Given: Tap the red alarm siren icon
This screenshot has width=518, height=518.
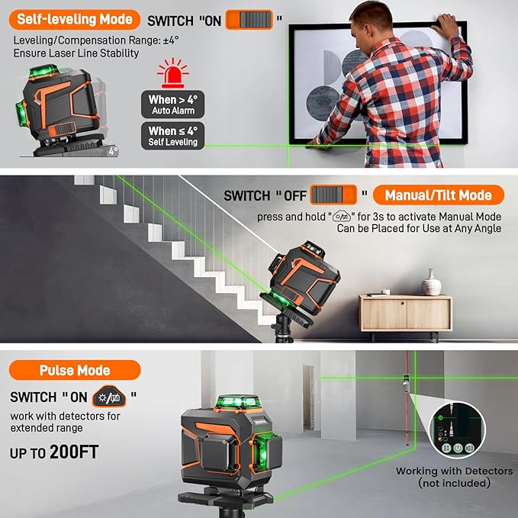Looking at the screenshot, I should click(x=172, y=74).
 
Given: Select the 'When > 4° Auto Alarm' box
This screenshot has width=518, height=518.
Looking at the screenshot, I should click(x=172, y=105).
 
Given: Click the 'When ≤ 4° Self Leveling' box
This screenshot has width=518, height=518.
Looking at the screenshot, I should click(x=172, y=136).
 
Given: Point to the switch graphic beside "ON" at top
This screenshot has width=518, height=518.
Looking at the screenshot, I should click(x=249, y=20).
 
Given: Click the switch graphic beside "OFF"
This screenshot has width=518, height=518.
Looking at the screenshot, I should click(x=334, y=195).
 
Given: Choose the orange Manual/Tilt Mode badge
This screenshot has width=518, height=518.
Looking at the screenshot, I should click(x=439, y=195).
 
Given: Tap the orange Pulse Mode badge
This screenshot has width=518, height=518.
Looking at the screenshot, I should click(x=75, y=371).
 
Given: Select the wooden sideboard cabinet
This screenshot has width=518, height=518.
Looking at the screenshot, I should click(x=405, y=313).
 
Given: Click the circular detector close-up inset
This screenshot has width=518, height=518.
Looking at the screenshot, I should click(x=455, y=431).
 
